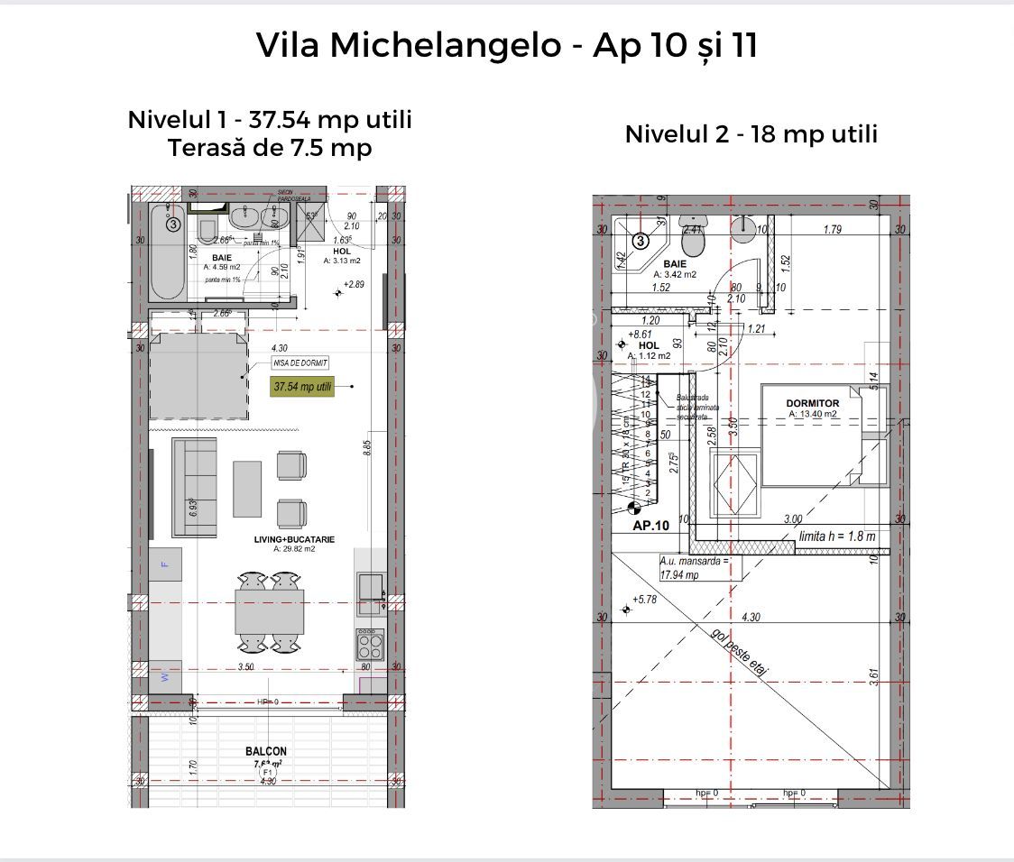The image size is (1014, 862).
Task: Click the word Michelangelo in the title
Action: coord(445,46)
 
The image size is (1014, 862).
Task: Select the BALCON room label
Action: coord(266,751)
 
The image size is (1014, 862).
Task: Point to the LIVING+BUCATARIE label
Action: coord(295,539)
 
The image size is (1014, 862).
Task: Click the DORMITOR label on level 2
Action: coord(812,403)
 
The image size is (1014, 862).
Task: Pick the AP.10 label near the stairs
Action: coord(650,526)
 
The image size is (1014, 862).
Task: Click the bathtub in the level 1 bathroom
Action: coord(168,253)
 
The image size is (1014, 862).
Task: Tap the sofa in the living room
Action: coord(194,487)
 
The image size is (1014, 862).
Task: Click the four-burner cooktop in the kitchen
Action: coord(370,646)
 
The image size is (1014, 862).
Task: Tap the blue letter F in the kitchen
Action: coord(164,564)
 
